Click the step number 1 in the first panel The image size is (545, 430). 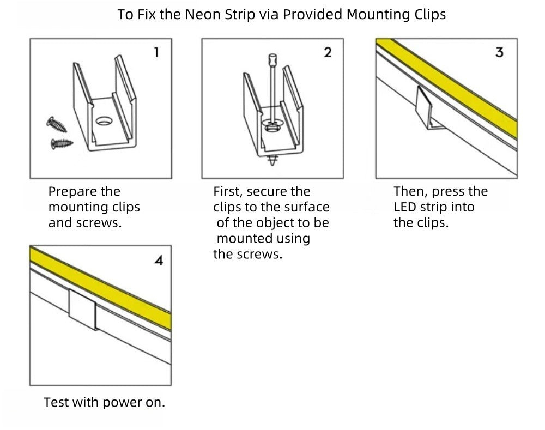coord(156,52)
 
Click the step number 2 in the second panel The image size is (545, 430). coord(328,52)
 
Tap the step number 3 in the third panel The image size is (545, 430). coord(499,53)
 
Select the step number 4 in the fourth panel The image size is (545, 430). coord(159,261)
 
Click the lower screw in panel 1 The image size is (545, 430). coord(61,144)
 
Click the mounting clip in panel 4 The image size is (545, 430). coord(82,310)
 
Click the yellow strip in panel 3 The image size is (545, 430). coord(463,93)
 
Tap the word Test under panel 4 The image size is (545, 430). coord(56,403)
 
